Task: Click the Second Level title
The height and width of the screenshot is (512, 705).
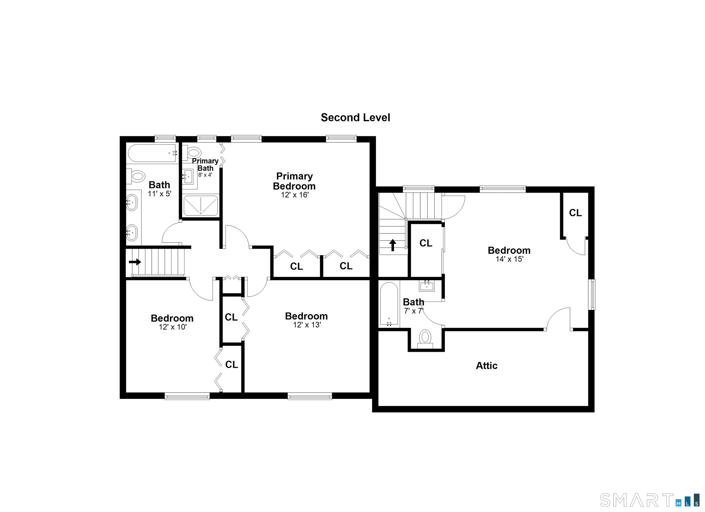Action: tap(355, 118)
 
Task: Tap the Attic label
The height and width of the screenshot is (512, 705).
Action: tap(487, 366)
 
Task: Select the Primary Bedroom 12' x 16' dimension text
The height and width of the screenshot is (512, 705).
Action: tap(295, 195)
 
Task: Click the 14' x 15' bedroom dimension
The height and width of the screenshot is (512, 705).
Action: tap(509, 259)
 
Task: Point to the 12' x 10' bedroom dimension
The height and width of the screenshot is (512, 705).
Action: tap(173, 327)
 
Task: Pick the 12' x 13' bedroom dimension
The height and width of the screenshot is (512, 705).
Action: tap(307, 325)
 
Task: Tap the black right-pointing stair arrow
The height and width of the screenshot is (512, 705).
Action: tap(135, 262)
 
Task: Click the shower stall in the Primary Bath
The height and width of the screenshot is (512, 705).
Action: tap(201, 205)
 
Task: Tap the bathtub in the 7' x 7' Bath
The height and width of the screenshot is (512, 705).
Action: tap(389, 304)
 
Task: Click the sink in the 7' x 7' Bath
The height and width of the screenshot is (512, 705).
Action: tap(427, 286)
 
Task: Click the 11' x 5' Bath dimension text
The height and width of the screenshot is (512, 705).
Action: tap(159, 194)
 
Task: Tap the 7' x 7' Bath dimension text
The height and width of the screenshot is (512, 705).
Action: tap(413, 311)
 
